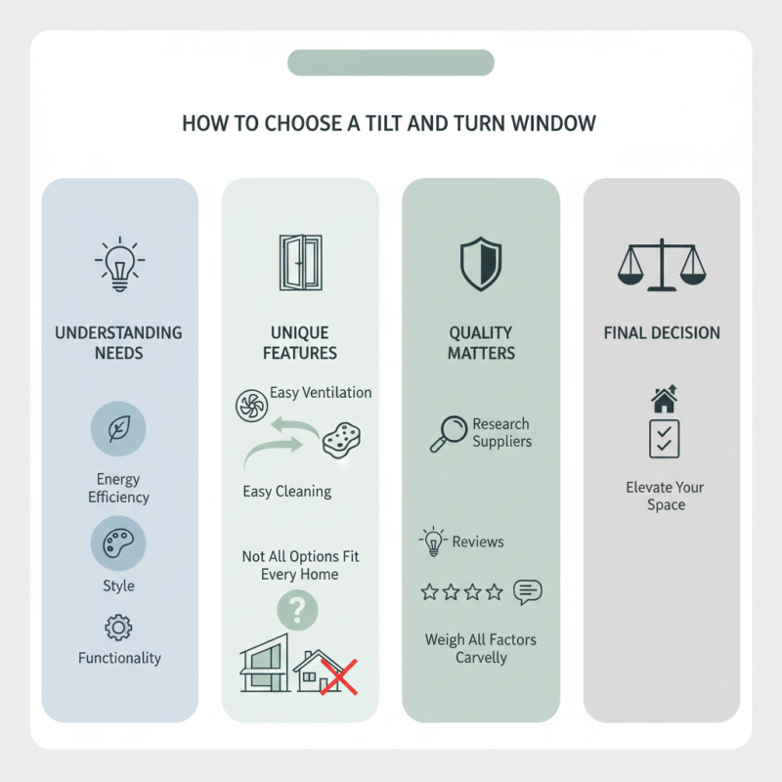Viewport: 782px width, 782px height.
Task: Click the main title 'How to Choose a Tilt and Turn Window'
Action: pyautogui.click(x=389, y=123)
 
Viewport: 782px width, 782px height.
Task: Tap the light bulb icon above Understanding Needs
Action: pyautogui.click(x=119, y=264)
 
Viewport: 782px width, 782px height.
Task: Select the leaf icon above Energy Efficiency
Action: pyautogui.click(x=118, y=429)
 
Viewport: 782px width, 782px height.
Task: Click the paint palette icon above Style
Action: pyautogui.click(x=118, y=543)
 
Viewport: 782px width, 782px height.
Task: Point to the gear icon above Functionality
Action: pyautogui.click(x=118, y=628)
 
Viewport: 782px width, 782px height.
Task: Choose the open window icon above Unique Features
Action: pyautogui.click(x=301, y=262)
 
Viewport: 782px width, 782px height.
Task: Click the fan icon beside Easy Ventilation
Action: pyautogui.click(x=251, y=406)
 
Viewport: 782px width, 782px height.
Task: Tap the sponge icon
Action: pyautogui.click(x=341, y=440)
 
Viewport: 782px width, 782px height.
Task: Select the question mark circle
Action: pyautogui.click(x=297, y=610)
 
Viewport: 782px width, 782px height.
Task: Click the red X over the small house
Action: pyautogui.click(x=338, y=676)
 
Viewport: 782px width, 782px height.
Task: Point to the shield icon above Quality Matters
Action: pyautogui.click(x=480, y=264)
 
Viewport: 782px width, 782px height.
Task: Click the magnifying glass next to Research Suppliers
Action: pyautogui.click(x=449, y=434)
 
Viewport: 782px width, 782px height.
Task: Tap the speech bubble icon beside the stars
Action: pyautogui.click(x=528, y=592)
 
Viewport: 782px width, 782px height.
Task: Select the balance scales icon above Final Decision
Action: pyautogui.click(x=662, y=265)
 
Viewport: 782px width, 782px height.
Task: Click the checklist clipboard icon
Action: pyautogui.click(x=665, y=439)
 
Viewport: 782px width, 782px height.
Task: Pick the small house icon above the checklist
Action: pyautogui.click(x=665, y=399)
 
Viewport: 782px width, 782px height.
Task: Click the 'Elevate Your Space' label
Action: pyautogui.click(x=665, y=496)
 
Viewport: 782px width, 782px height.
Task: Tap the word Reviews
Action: pyautogui.click(x=478, y=542)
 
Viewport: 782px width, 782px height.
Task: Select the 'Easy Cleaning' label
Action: pyautogui.click(x=287, y=492)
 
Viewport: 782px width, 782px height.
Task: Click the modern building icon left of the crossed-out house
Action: pyautogui.click(x=265, y=664)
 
